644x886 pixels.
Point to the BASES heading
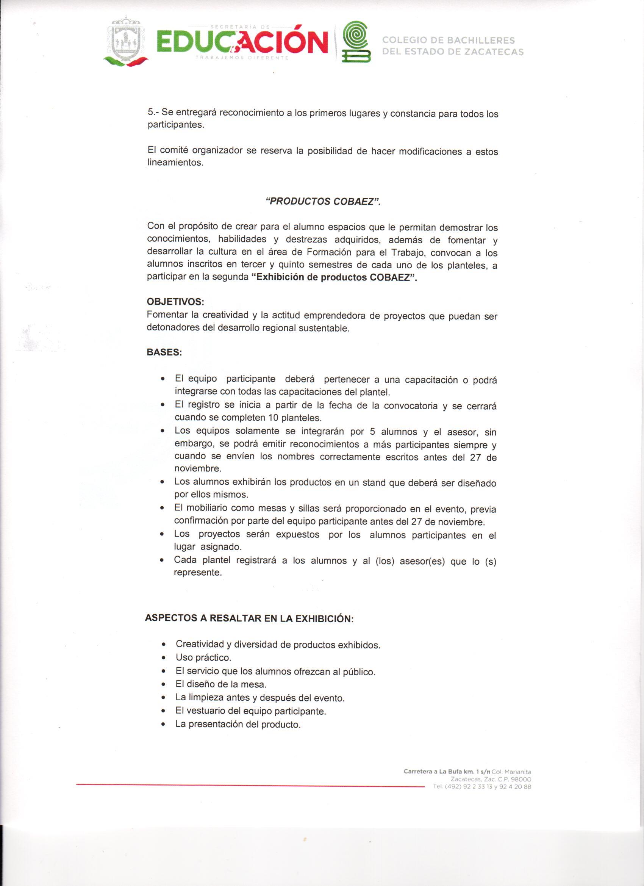[x=164, y=352]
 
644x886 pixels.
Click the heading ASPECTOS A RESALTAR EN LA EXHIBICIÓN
[x=249, y=619]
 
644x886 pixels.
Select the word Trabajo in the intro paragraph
[x=405, y=253]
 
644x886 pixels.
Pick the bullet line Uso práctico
[x=203, y=657]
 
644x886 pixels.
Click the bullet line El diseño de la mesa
[x=221, y=684]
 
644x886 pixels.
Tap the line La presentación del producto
[x=238, y=724]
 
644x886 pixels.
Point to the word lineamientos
[x=175, y=163]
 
